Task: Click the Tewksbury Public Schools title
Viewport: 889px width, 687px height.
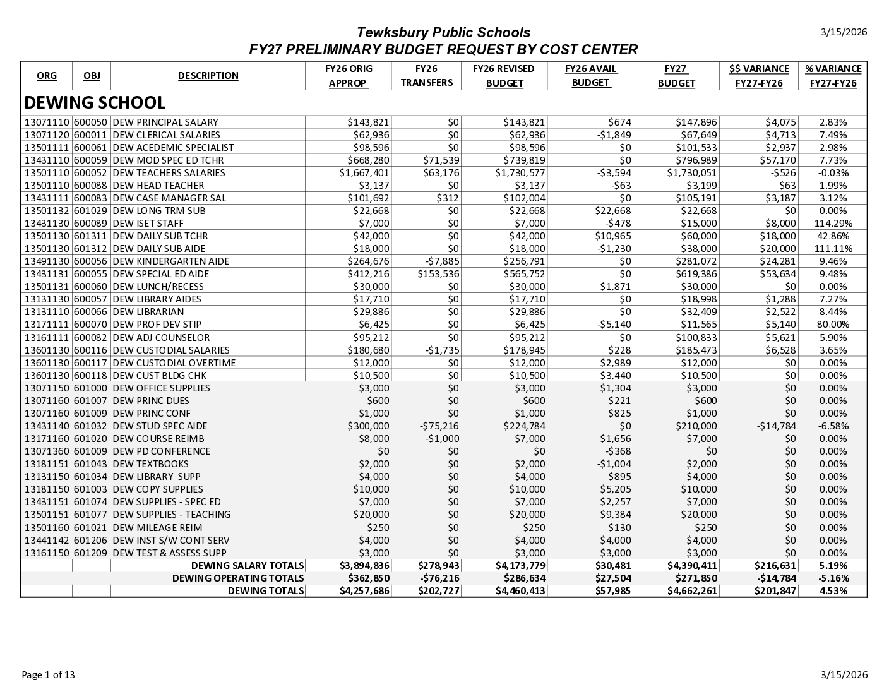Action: (x=443, y=33)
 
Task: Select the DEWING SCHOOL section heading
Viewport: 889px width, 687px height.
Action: (x=95, y=103)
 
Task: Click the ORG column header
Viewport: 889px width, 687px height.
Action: (x=46, y=76)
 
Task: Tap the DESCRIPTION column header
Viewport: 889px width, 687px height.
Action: (x=208, y=76)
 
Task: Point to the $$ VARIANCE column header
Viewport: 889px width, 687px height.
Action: (x=759, y=69)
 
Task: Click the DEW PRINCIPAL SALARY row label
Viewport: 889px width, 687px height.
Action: (x=165, y=122)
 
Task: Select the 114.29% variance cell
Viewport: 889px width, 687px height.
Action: (x=833, y=224)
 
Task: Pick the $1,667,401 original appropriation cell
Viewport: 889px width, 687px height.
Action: (x=364, y=173)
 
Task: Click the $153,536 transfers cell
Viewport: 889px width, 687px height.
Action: (x=438, y=274)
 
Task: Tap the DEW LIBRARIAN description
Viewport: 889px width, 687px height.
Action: (x=148, y=312)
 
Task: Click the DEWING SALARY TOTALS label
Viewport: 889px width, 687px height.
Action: (x=248, y=566)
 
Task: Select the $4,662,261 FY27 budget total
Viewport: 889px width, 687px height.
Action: (x=692, y=591)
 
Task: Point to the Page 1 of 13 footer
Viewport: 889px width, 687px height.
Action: (x=48, y=675)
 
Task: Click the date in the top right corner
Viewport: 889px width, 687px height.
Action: (x=844, y=32)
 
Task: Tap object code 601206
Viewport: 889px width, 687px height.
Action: (x=91, y=541)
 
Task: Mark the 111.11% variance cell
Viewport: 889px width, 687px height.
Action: (x=833, y=249)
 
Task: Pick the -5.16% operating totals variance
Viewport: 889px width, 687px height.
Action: (x=833, y=578)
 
